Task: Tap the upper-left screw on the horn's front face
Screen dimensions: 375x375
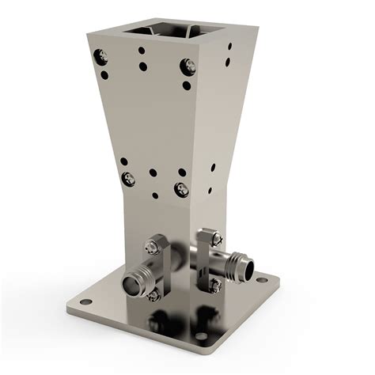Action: pyautogui.click(x=101, y=56)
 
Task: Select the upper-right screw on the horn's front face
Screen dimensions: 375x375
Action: pyautogui.click(x=188, y=66)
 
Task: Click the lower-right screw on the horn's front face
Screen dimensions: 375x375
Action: pyautogui.click(x=181, y=188)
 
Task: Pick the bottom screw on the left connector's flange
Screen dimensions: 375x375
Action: pyautogui.click(x=153, y=294)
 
